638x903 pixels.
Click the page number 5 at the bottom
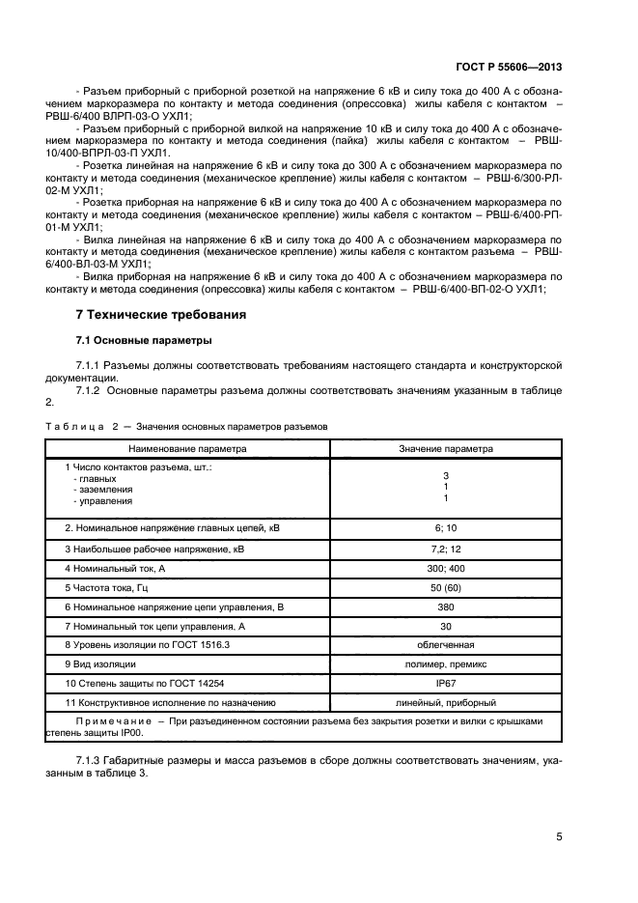(x=559, y=837)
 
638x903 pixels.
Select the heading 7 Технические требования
(x=161, y=315)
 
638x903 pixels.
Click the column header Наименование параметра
(x=189, y=448)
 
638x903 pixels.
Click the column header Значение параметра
(x=446, y=448)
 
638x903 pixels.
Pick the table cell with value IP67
(x=446, y=683)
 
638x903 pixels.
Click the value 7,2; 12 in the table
(x=446, y=548)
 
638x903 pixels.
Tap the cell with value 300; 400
(x=446, y=567)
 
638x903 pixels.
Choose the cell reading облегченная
(x=446, y=644)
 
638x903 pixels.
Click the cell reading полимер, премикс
(x=446, y=663)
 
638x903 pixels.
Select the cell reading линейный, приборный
(x=446, y=702)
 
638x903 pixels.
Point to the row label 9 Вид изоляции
(x=100, y=663)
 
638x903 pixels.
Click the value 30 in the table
(x=446, y=625)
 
